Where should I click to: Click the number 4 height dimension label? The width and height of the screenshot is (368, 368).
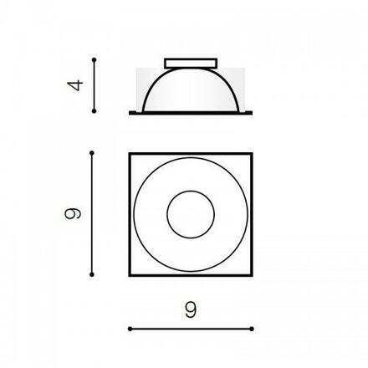click(x=75, y=85)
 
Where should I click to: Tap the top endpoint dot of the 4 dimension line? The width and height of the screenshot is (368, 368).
click(x=95, y=59)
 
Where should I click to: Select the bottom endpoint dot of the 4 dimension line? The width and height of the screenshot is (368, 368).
click(x=94, y=111)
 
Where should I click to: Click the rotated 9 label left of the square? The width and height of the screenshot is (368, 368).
click(x=73, y=213)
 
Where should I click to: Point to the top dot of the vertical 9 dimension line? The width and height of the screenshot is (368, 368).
click(x=92, y=153)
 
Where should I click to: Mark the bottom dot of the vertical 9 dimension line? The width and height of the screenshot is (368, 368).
click(x=92, y=274)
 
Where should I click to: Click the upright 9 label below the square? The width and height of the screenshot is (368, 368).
click(x=191, y=309)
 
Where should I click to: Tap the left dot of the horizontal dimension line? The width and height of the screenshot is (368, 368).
click(x=130, y=329)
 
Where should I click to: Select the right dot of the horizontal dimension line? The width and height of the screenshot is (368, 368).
click(x=252, y=329)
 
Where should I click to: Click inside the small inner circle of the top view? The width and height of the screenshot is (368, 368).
click(x=191, y=214)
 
